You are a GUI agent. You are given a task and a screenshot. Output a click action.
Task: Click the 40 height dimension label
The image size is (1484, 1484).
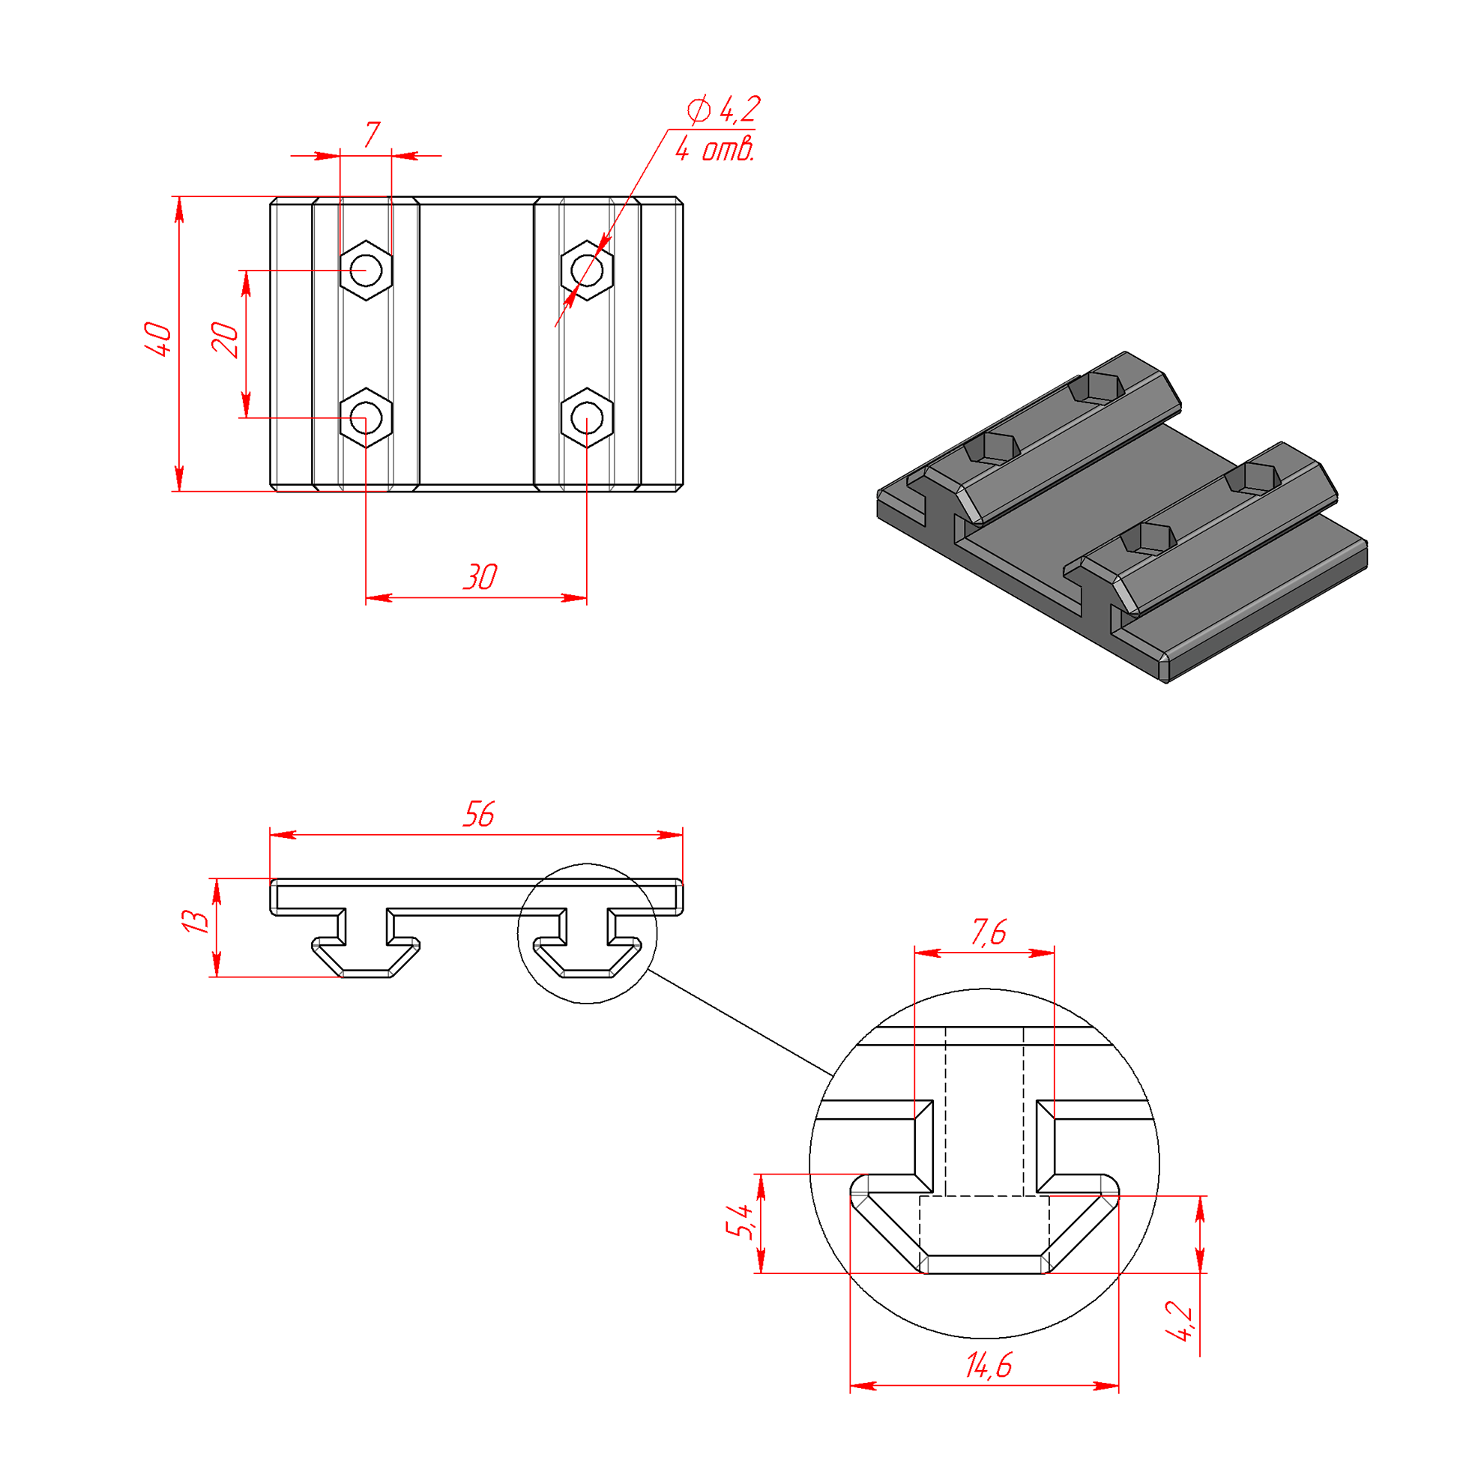[x=159, y=339]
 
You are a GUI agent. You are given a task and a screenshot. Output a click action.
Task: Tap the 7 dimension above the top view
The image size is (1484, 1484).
[x=372, y=135]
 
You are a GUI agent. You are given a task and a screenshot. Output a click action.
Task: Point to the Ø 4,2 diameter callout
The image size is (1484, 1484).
[x=723, y=110]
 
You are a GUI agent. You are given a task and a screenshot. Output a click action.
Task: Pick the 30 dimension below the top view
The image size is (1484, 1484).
[x=480, y=577]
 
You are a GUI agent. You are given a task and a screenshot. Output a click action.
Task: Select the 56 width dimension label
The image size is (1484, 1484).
[x=478, y=814]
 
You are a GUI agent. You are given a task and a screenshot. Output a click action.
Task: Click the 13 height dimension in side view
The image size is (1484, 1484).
[x=194, y=921]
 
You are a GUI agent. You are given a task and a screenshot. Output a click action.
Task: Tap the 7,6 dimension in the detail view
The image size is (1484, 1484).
[x=989, y=932]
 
